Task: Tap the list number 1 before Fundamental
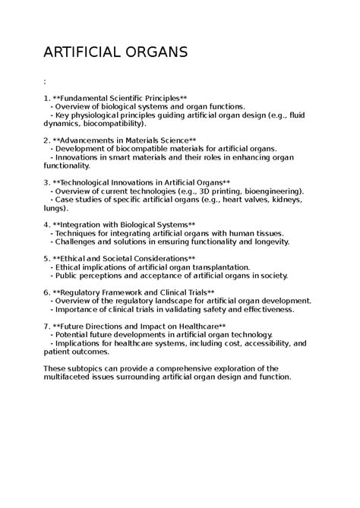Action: click(x=46, y=98)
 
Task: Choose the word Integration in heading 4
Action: click(x=89, y=225)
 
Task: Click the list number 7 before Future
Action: click(x=46, y=326)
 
